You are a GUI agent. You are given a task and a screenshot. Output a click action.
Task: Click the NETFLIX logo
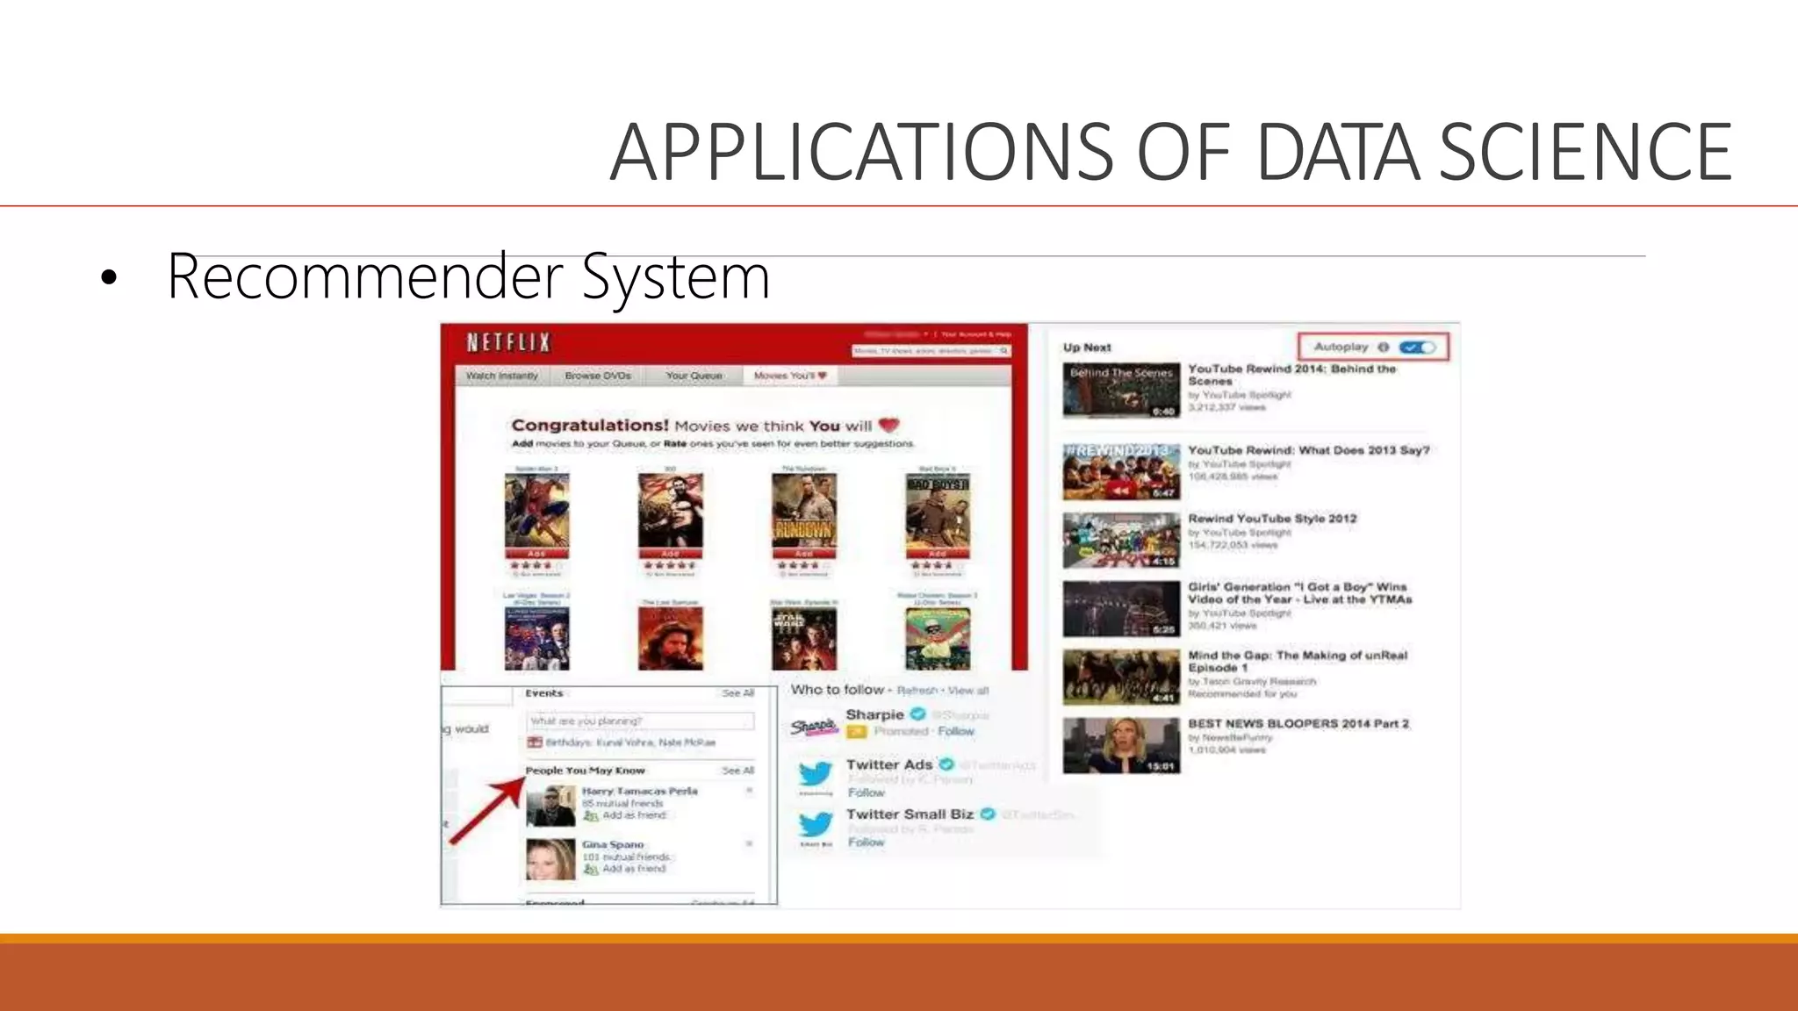(x=508, y=342)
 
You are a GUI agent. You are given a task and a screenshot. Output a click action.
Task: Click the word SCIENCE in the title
(x=1585, y=153)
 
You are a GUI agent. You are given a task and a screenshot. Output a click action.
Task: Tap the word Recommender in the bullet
(x=364, y=277)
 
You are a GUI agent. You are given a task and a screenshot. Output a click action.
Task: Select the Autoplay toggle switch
(x=1417, y=348)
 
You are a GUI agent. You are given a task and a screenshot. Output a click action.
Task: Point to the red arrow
(x=487, y=809)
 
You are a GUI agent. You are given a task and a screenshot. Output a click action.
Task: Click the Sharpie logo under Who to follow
(x=813, y=727)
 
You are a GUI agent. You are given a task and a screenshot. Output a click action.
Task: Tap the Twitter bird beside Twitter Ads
(x=816, y=774)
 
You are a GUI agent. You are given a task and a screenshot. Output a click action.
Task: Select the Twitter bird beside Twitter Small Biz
(x=816, y=824)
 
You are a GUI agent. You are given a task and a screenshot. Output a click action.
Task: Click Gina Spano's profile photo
(x=550, y=858)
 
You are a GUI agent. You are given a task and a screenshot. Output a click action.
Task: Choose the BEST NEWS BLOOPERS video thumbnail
(x=1121, y=746)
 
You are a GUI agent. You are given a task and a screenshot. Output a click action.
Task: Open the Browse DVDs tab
(x=598, y=376)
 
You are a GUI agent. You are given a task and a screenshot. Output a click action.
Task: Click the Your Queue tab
(x=694, y=376)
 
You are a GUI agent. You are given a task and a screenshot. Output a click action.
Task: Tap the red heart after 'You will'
(x=889, y=426)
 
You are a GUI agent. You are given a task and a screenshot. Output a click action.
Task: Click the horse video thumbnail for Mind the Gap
(x=1121, y=677)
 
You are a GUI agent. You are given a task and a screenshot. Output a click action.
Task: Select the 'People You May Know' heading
(x=585, y=771)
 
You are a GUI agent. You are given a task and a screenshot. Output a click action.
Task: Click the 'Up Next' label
(x=1087, y=348)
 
